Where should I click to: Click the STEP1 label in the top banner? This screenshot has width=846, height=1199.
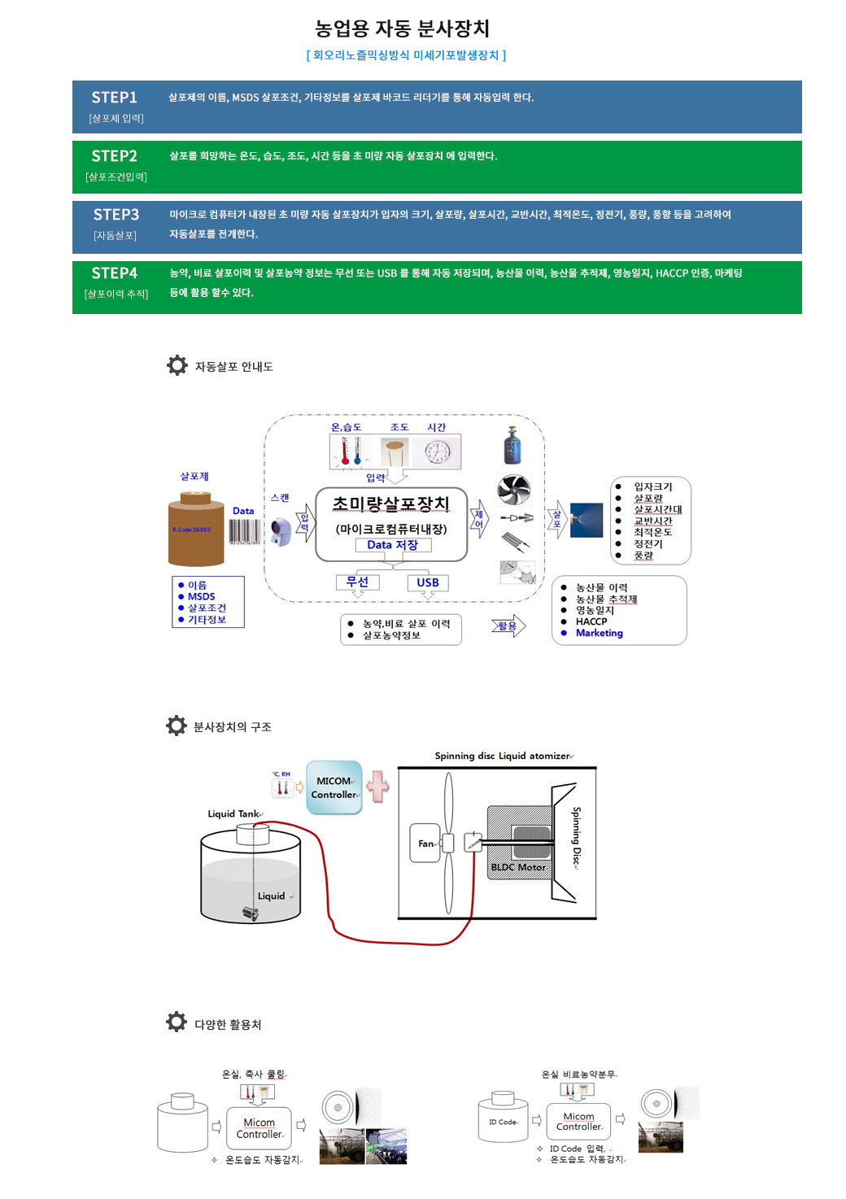[114, 98]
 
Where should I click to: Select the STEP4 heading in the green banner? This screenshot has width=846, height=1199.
[114, 273]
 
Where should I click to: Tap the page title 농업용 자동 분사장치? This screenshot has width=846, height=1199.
[402, 28]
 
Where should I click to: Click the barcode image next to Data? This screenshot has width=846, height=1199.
[244, 532]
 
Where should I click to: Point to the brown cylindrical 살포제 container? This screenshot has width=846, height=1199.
[196, 530]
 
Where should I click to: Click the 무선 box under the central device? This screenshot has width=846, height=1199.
[357, 582]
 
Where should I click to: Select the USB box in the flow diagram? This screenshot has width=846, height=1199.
[428, 582]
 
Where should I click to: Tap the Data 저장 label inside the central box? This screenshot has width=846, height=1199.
[392, 545]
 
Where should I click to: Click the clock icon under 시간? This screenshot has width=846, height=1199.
[438, 452]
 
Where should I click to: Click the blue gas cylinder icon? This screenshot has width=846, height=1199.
[512, 446]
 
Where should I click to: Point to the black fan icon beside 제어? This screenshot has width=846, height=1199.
[513, 490]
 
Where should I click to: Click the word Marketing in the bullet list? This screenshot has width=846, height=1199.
[600, 634]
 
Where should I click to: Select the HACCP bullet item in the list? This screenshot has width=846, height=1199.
[591, 621]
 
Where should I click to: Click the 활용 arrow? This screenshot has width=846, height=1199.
[508, 626]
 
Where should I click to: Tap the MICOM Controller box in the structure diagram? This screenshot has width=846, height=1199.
[334, 787]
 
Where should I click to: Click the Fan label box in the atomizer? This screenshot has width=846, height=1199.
[425, 844]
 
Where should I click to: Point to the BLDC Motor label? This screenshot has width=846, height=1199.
[517, 867]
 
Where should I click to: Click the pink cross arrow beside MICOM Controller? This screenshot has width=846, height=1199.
[377, 787]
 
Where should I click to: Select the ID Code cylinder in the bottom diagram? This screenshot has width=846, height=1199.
[504, 1121]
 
